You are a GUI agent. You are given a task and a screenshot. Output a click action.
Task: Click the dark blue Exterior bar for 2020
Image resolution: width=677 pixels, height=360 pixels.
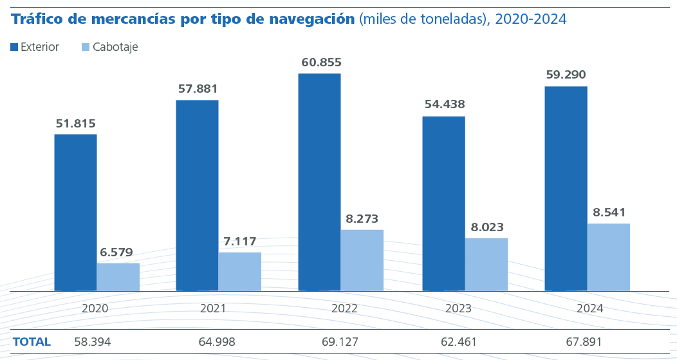coord(75,213)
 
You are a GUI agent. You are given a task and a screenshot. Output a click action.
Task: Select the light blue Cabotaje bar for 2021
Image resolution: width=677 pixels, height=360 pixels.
coord(239,272)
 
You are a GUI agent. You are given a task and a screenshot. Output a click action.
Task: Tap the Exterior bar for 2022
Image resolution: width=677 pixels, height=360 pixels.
coord(319,182)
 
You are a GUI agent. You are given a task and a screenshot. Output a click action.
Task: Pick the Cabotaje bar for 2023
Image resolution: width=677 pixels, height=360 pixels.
coord(486,265)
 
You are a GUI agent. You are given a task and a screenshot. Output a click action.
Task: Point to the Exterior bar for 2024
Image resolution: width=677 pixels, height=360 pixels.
coord(566,189)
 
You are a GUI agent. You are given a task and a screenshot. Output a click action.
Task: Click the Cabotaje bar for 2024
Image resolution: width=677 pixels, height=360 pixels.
coord(608,257)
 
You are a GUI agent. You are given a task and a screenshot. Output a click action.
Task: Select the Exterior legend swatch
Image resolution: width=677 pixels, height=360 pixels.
coord(14,47)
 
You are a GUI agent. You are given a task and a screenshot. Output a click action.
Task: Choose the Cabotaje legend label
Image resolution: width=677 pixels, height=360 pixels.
coord(115,47)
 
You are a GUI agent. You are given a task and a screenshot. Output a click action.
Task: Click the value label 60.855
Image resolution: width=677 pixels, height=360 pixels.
coord(321,62)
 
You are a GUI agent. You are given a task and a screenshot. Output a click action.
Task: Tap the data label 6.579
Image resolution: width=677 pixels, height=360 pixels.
coord(116,252)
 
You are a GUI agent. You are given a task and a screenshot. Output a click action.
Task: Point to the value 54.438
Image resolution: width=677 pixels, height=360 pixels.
coord(445,104)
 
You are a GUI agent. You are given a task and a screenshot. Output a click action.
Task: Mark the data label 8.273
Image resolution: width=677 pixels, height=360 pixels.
coord(362,219)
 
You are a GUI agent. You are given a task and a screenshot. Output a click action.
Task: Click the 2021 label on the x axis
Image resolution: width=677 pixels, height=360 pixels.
coord(213,308)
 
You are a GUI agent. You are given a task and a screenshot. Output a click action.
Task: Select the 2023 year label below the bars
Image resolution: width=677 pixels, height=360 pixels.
coord(458,308)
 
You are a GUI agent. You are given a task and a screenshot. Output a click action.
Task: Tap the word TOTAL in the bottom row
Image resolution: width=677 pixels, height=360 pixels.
coord(32,342)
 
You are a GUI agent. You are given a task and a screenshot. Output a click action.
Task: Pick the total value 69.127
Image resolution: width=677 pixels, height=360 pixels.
coord(340,342)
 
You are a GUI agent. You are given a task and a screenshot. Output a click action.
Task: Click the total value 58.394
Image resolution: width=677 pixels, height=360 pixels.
coord(93,342)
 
